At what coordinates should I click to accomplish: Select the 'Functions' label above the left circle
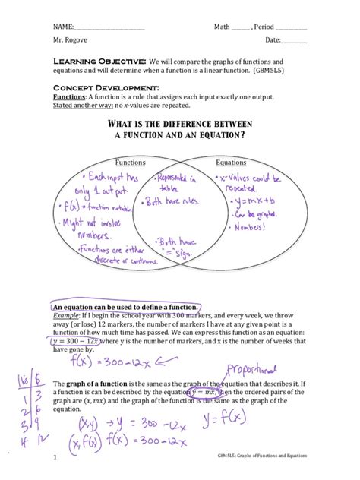[x=130, y=163]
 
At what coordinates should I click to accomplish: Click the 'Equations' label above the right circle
[x=231, y=163]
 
